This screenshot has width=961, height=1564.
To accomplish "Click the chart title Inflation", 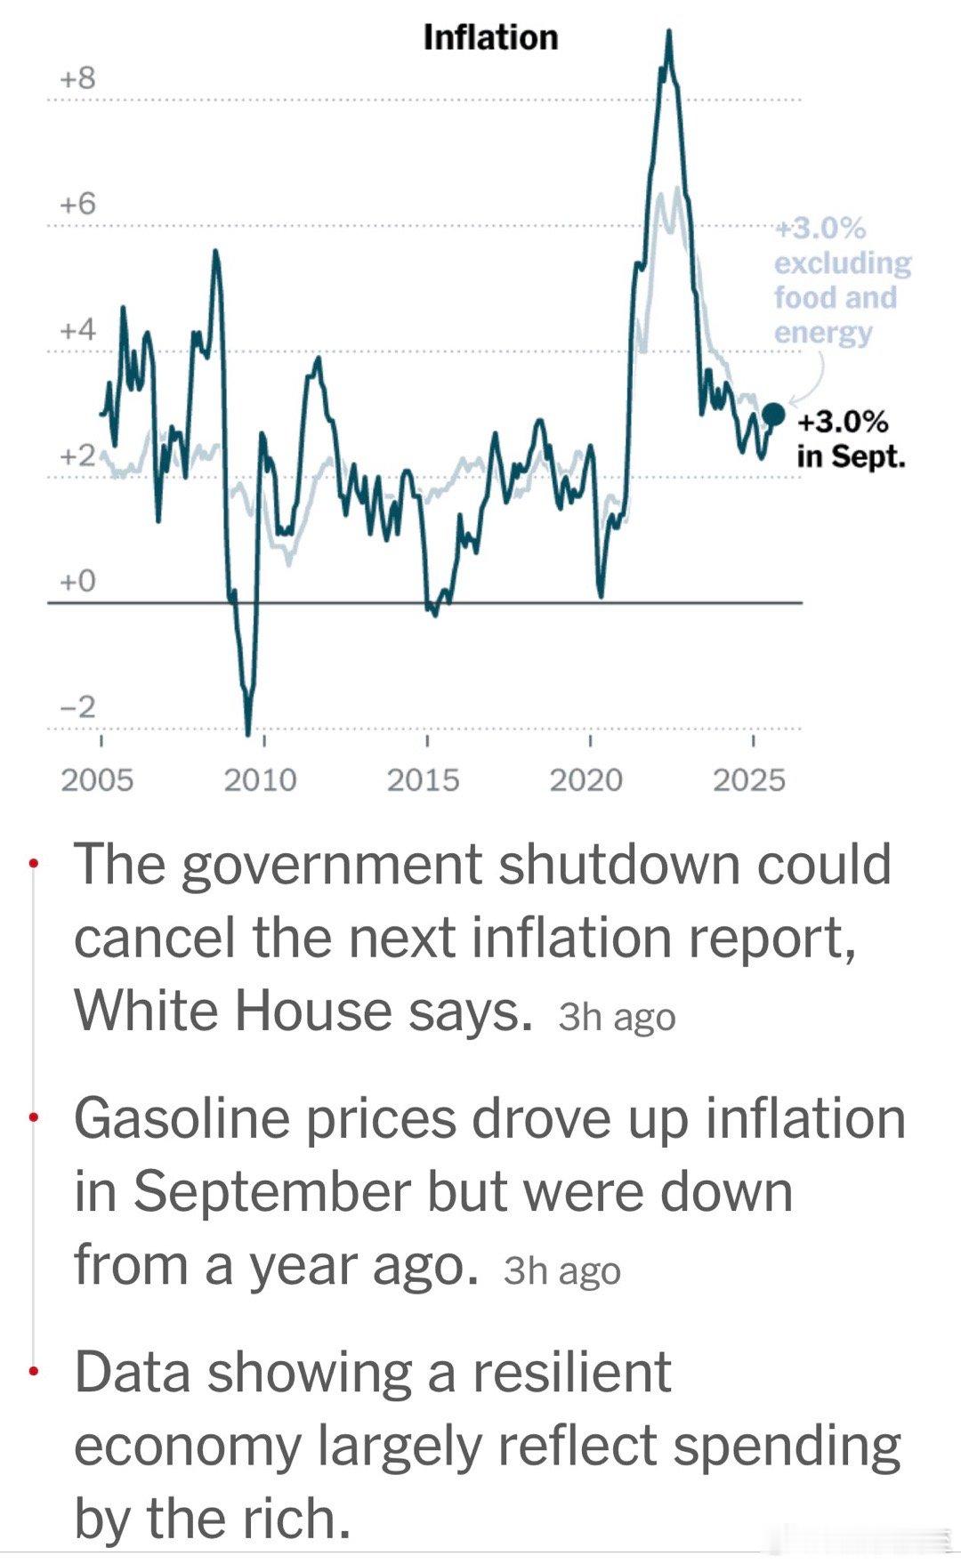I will coord(490,37).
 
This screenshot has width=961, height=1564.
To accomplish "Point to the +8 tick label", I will coord(77,78).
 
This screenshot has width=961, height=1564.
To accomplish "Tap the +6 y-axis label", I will coord(77,204).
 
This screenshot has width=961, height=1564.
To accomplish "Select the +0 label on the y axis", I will coord(77,581).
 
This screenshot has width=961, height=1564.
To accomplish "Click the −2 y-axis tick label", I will coord(77,707).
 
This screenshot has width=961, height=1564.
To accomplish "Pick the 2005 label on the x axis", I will coord(97,780).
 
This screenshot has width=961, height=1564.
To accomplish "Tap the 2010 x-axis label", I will coord(260,780).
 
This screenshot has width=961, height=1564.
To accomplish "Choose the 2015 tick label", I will coord(423,780).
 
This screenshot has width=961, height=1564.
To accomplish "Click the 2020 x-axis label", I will coord(585,780).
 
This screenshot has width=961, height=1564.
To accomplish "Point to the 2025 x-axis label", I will coord(749,780).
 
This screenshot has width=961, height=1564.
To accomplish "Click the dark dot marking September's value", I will coord(774,414).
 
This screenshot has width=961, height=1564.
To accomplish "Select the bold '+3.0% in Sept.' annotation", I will coord(850,439).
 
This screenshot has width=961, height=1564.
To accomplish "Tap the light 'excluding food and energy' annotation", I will coord(842,280).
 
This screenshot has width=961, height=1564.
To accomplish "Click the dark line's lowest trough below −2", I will coord(248,731).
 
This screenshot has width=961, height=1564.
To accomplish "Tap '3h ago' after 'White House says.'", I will coord(617,1016).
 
